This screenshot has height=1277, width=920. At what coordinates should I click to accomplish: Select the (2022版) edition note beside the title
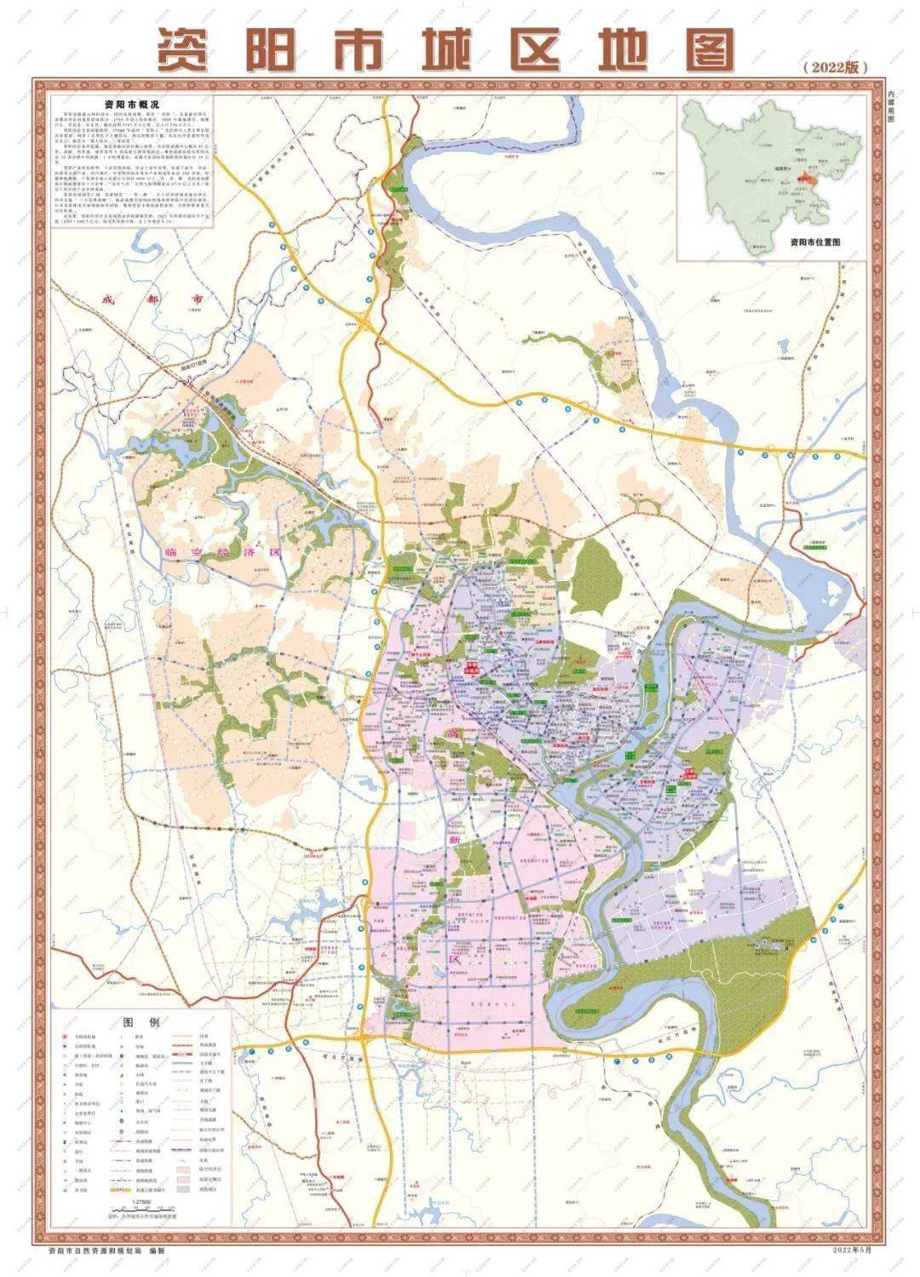(835, 68)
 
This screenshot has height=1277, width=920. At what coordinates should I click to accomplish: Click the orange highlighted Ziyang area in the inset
(808, 180)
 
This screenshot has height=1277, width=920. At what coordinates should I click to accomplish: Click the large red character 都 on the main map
(152, 301)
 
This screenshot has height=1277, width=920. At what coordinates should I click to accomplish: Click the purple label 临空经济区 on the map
(221, 552)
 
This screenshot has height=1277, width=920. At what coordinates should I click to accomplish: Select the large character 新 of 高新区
(455, 839)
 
